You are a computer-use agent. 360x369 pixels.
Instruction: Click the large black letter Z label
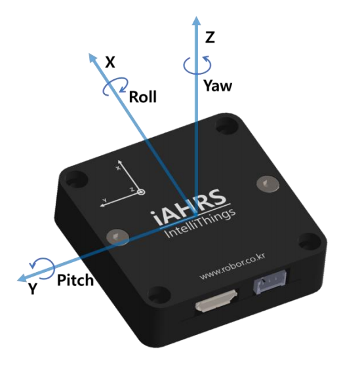[210, 37]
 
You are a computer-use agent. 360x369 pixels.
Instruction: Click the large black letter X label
[110, 62]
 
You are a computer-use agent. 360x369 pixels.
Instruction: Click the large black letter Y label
[33, 289]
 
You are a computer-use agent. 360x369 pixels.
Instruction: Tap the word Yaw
[218, 86]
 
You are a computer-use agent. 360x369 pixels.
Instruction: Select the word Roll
[143, 97]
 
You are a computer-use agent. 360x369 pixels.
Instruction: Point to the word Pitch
[75, 281]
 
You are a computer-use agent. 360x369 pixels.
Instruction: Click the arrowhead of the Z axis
[196, 21]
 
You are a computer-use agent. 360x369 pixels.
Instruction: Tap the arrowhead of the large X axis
[92, 58]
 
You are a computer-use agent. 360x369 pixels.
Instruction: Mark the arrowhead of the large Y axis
[22, 278]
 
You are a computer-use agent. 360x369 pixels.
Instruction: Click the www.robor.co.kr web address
[232, 266]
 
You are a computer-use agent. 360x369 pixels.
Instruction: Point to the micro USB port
[216, 301]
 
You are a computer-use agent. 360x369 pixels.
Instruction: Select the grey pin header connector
[270, 282]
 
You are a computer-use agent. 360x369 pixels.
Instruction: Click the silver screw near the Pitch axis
[117, 237]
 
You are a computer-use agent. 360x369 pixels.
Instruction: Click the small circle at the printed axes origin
[142, 192]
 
